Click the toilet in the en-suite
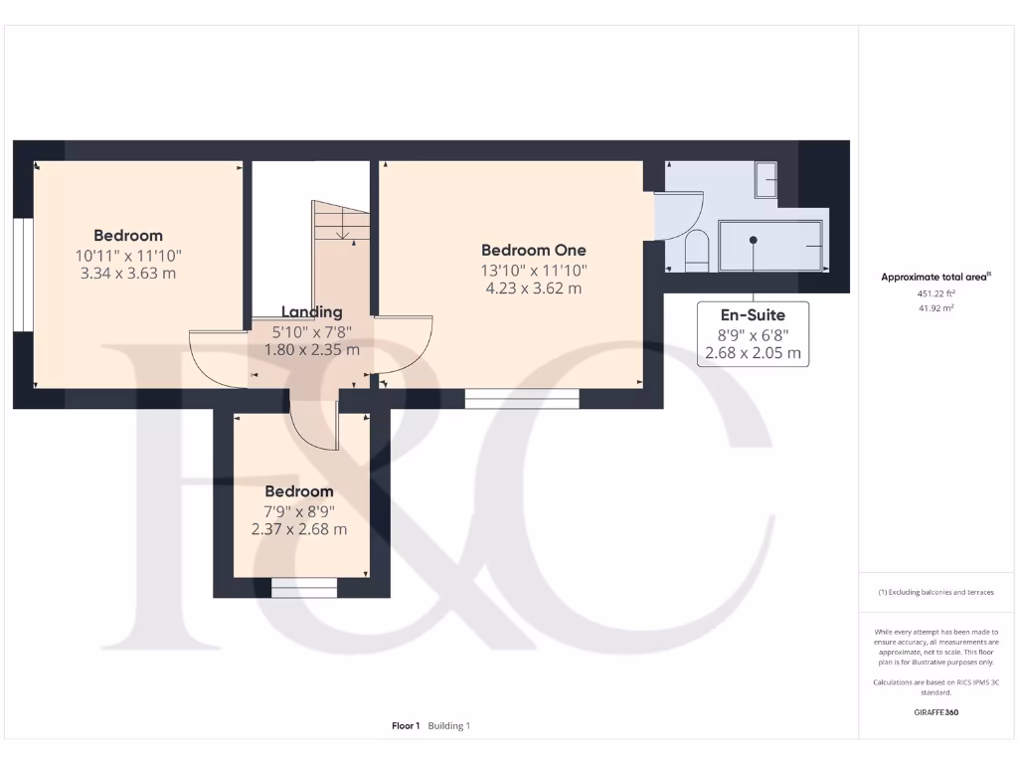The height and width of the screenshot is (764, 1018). click(x=697, y=251)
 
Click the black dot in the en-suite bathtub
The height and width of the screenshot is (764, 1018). click(x=754, y=240)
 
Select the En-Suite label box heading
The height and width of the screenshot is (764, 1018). click(x=753, y=315)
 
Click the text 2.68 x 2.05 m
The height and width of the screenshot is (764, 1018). click(x=753, y=353)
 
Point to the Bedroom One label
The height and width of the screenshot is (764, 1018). click(x=533, y=250)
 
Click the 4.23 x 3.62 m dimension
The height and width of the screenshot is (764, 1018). click(x=533, y=288)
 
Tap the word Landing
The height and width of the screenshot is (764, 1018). click(x=311, y=311)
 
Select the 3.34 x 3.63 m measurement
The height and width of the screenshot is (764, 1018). click(x=127, y=273)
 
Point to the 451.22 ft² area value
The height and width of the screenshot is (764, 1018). click(x=934, y=294)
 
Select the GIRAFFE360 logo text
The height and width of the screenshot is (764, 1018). click(x=935, y=712)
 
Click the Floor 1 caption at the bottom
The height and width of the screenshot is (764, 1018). click(x=406, y=726)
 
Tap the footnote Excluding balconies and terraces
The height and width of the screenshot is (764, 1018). click(x=935, y=592)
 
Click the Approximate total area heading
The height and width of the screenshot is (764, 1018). click(x=934, y=278)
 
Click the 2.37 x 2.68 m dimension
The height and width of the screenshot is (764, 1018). click(x=298, y=529)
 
